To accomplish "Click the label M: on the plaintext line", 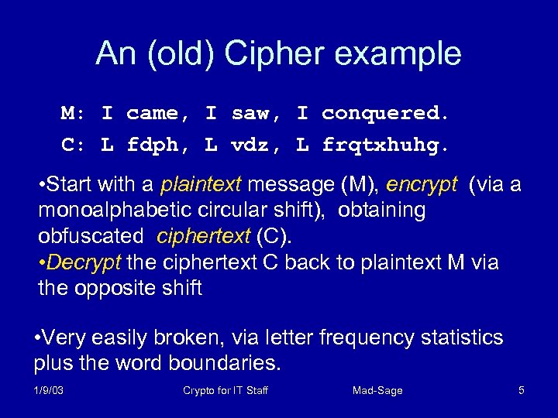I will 74,113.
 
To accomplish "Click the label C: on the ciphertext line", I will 74,144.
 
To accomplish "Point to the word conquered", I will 385,113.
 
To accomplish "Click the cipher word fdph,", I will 157,144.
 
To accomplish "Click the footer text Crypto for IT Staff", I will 226,391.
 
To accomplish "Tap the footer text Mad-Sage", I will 377,391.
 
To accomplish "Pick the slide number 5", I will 522,391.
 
